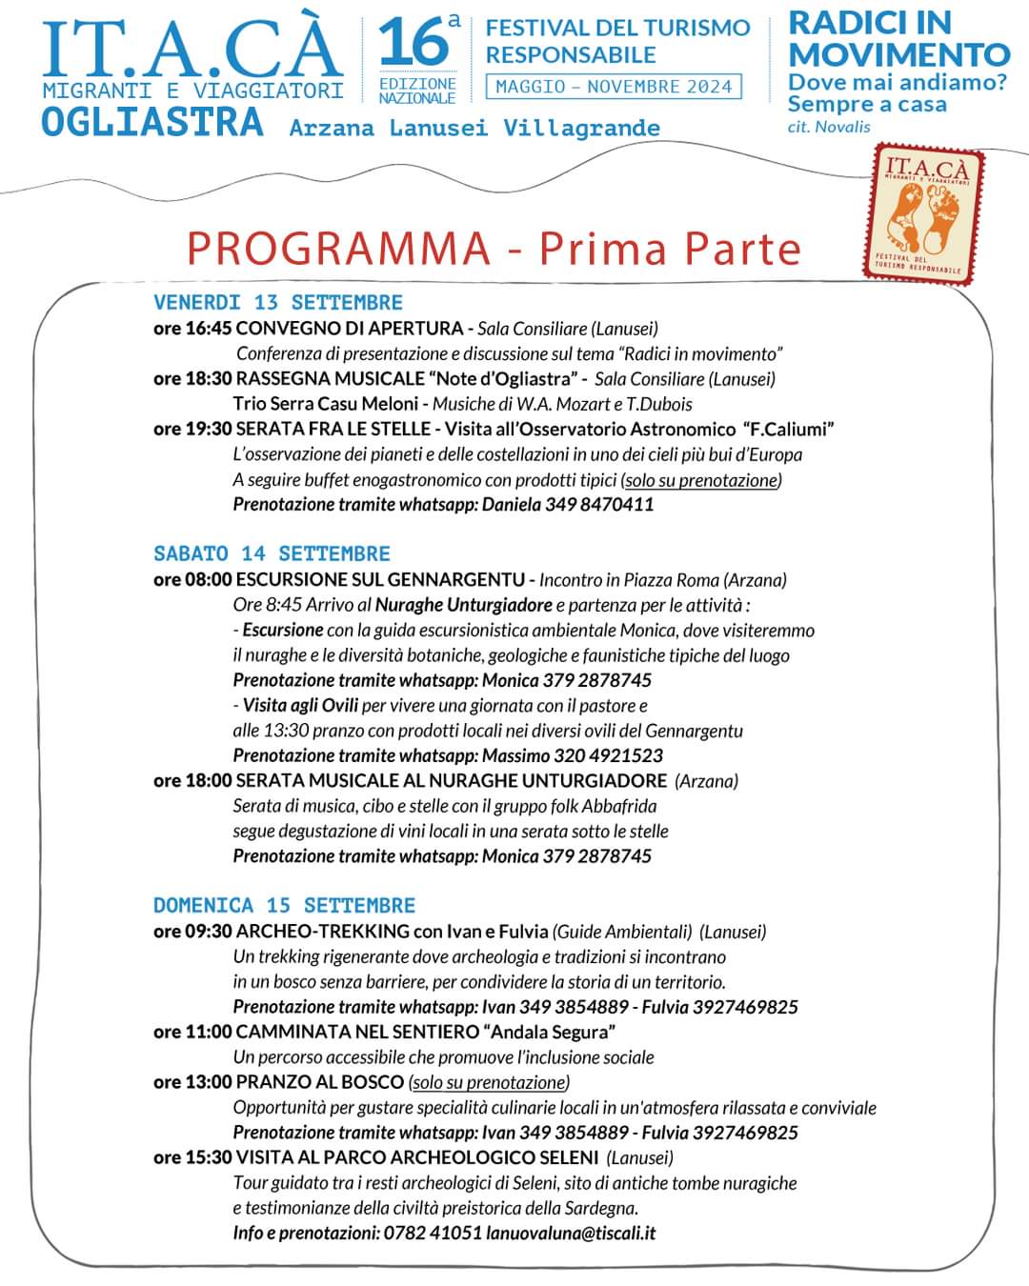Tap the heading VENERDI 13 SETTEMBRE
278,303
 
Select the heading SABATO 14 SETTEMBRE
272,553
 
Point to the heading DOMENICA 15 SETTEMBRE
284,905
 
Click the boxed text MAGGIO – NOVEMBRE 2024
614,87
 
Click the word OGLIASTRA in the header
152,123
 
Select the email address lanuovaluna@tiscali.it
571,1233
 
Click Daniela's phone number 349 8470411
599,504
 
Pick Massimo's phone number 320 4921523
609,755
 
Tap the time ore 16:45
192,329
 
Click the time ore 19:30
192,429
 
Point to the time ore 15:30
192,1157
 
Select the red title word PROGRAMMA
338,249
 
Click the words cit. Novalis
829,127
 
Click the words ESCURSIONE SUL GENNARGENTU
380,579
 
